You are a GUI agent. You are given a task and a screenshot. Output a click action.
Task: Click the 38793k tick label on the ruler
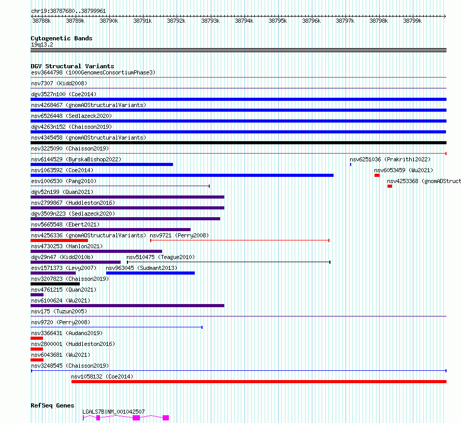click(x=210, y=21)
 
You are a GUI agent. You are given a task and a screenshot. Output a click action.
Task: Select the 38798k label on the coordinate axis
click(x=379, y=21)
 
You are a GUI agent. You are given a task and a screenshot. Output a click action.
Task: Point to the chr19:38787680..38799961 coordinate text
click(x=68, y=11)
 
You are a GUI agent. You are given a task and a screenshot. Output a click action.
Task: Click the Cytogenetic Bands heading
click(x=62, y=38)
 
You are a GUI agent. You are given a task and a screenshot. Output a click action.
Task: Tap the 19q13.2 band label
click(x=42, y=44)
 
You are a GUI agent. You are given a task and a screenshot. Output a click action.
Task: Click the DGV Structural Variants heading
click(x=73, y=66)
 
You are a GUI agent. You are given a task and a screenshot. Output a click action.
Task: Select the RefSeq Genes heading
click(x=52, y=405)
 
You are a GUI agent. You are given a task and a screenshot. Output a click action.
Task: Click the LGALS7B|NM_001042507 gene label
click(x=113, y=412)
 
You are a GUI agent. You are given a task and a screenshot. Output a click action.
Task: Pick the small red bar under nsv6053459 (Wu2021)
click(x=377, y=175)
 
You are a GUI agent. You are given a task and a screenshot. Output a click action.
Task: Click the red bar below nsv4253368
click(x=390, y=186)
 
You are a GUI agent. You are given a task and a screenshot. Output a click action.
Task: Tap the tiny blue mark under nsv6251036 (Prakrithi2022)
click(x=351, y=164)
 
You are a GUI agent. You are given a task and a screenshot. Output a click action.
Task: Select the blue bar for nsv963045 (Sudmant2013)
click(x=150, y=273)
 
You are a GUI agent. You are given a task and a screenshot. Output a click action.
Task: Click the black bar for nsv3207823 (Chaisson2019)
click(x=55, y=284)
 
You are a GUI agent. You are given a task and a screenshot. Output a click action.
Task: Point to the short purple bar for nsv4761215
click(x=37, y=295)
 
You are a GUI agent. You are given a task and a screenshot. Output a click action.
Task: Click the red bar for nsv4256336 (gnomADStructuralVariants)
click(x=60, y=240)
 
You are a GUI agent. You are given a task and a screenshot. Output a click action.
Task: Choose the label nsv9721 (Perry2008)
click(x=179, y=235)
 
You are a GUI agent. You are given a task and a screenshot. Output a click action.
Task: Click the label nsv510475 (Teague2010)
click(x=161, y=257)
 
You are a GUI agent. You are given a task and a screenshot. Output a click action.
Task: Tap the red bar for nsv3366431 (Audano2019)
click(x=37, y=338)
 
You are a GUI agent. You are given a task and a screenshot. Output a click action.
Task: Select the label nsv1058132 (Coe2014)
click(x=102, y=376)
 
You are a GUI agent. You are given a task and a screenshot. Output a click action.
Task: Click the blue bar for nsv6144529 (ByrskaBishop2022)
click(x=102, y=164)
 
